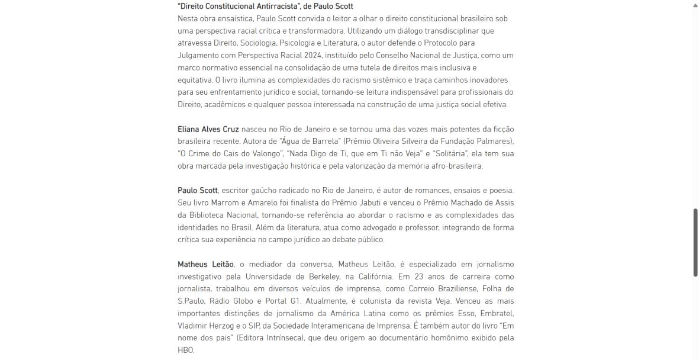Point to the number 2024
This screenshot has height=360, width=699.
point(313,55)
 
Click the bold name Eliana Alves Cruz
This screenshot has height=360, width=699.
point(208,129)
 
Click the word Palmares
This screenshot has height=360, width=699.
point(493,142)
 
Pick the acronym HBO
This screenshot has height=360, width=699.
point(185,351)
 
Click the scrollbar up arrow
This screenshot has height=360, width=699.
point(695,4)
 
